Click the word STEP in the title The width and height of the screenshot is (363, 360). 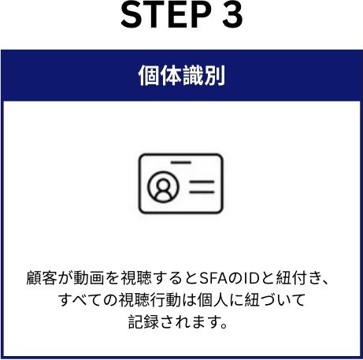pyautogui.click(x=166, y=15)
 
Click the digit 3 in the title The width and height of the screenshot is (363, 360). pyautogui.click(x=233, y=15)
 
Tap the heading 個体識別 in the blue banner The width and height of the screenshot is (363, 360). pyautogui.click(x=182, y=76)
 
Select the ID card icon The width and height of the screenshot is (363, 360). pyautogui.click(x=181, y=184)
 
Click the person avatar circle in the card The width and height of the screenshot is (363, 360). pyautogui.click(x=163, y=187)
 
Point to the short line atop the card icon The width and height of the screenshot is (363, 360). pyautogui.click(x=181, y=162)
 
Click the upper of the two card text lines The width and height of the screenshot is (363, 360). pyautogui.click(x=202, y=182)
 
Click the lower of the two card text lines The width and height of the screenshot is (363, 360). pyautogui.click(x=202, y=192)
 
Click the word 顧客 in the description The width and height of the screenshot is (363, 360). pyautogui.click(x=42, y=278)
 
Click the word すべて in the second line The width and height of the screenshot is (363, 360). pyautogui.click(x=80, y=300)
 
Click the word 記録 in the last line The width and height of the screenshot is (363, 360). pyautogui.click(x=143, y=321)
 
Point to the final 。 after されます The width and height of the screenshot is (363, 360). pyautogui.click(x=224, y=326)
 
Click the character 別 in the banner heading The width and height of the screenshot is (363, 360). pyautogui.click(x=214, y=76)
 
